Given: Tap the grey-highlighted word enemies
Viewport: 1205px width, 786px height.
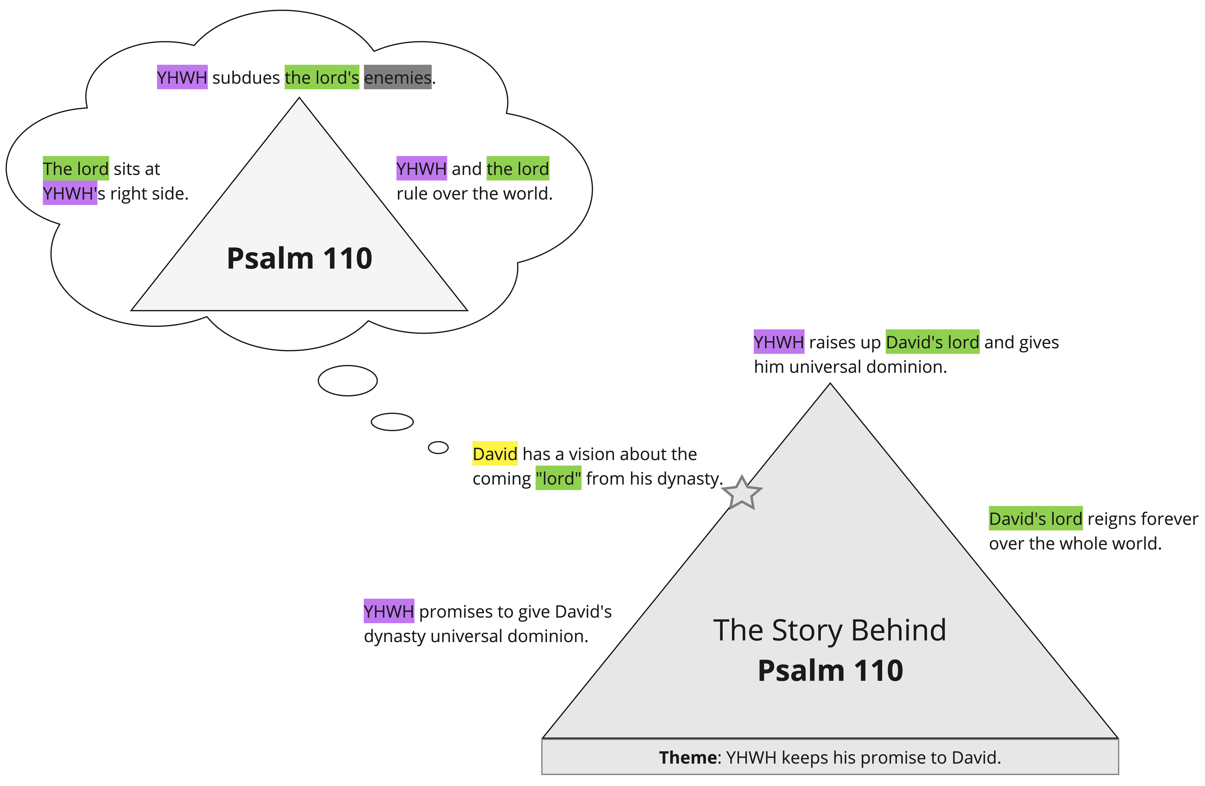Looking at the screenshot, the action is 397,77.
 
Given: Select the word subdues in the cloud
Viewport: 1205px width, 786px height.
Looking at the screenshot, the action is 246,77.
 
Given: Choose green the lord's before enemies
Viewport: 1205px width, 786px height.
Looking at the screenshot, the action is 322,77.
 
